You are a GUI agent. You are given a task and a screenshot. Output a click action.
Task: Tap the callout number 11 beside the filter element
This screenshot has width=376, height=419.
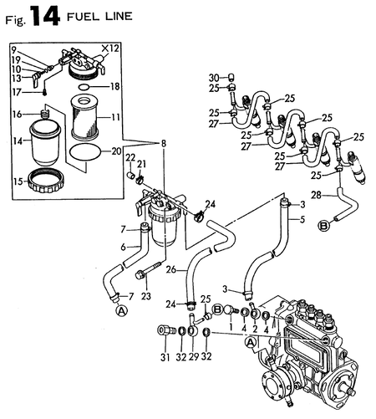[x=116, y=116]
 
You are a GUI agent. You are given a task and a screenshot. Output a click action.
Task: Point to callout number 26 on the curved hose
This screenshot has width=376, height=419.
[x=170, y=269]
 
